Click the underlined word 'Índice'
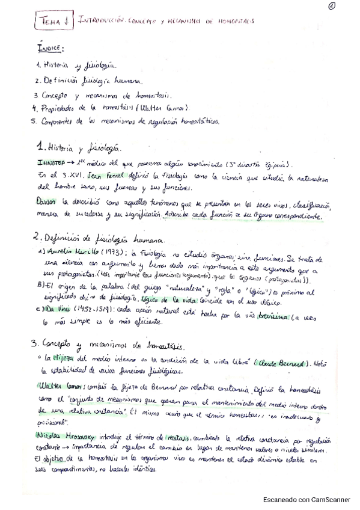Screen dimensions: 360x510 click(50, 47)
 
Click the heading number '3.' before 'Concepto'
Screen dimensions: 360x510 click(35, 345)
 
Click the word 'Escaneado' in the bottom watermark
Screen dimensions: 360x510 click(282, 499)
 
